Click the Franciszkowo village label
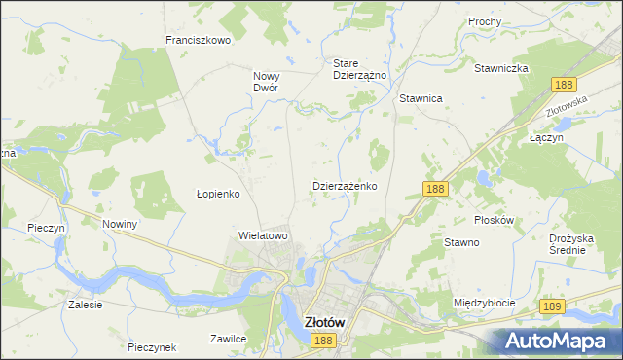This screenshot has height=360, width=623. [x=198, y=40]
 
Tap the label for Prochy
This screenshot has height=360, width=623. [x=484, y=21]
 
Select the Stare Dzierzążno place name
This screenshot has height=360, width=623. [x=360, y=68]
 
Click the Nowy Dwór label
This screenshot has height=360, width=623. [x=266, y=81]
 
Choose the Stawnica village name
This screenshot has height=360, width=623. [x=421, y=98]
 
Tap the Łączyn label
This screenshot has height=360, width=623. [x=546, y=138]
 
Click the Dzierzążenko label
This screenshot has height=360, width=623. [x=345, y=185]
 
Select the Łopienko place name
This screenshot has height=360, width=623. [x=218, y=194]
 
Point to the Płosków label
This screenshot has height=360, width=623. [x=493, y=220]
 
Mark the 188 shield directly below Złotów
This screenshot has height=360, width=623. [x=324, y=341]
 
